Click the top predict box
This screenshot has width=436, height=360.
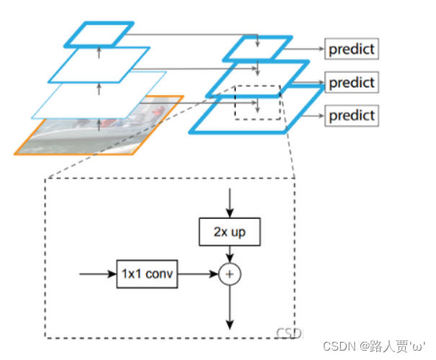(x=352, y=49)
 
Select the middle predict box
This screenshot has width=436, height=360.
(x=352, y=82)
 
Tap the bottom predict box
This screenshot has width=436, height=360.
(x=352, y=115)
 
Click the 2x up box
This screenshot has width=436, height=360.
(x=230, y=232)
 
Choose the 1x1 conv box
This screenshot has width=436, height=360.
(x=147, y=274)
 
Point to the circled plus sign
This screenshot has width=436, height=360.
(x=230, y=274)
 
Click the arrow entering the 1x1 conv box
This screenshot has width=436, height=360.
(x=97, y=274)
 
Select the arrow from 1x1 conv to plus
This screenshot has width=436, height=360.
(x=198, y=274)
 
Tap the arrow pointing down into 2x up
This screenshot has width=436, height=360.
(x=230, y=203)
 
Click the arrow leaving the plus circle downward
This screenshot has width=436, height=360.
(x=230, y=307)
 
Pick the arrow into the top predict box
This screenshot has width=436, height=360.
(x=304, y=49)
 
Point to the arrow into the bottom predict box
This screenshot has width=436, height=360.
(x=313, y=115)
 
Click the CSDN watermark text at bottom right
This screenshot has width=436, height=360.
(x=374, y=346)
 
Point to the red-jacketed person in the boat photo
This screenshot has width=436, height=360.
(x=157, y=111)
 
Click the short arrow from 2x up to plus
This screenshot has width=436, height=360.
(x=230, y=255)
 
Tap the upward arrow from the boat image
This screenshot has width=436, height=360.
(x=99, y=125)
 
